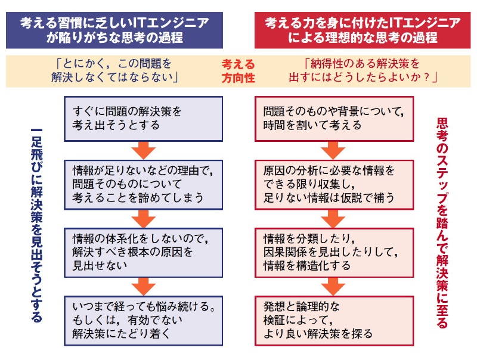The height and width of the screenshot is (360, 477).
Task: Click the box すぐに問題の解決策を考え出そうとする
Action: point(143,119)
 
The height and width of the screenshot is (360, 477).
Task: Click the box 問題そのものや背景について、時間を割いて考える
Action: point(334,119)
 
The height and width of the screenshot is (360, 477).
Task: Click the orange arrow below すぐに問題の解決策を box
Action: point(143,150)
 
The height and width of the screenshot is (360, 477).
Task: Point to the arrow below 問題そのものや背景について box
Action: point(334,150)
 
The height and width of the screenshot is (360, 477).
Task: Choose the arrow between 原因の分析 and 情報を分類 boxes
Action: point(334,218)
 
